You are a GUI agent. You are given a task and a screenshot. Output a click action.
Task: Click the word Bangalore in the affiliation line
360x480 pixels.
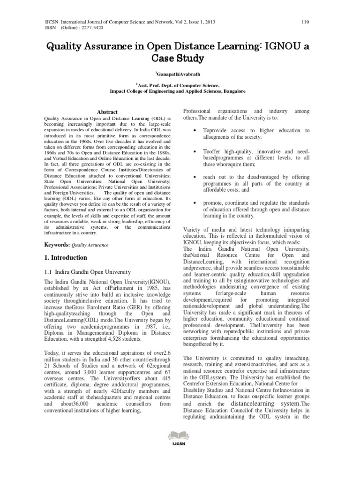(x=231, y=92)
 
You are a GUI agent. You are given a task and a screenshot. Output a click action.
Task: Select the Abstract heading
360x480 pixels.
(x=107, y=112)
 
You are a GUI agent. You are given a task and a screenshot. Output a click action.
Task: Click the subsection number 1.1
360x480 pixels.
(x=48, y=272)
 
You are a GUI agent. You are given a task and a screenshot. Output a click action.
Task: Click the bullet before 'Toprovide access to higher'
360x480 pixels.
(x=194, y=131)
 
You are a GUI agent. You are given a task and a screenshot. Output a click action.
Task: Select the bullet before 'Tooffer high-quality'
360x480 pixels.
(x=194, y=152)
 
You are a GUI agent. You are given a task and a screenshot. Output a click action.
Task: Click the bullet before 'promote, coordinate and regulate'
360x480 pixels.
(x=194, y=203)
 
